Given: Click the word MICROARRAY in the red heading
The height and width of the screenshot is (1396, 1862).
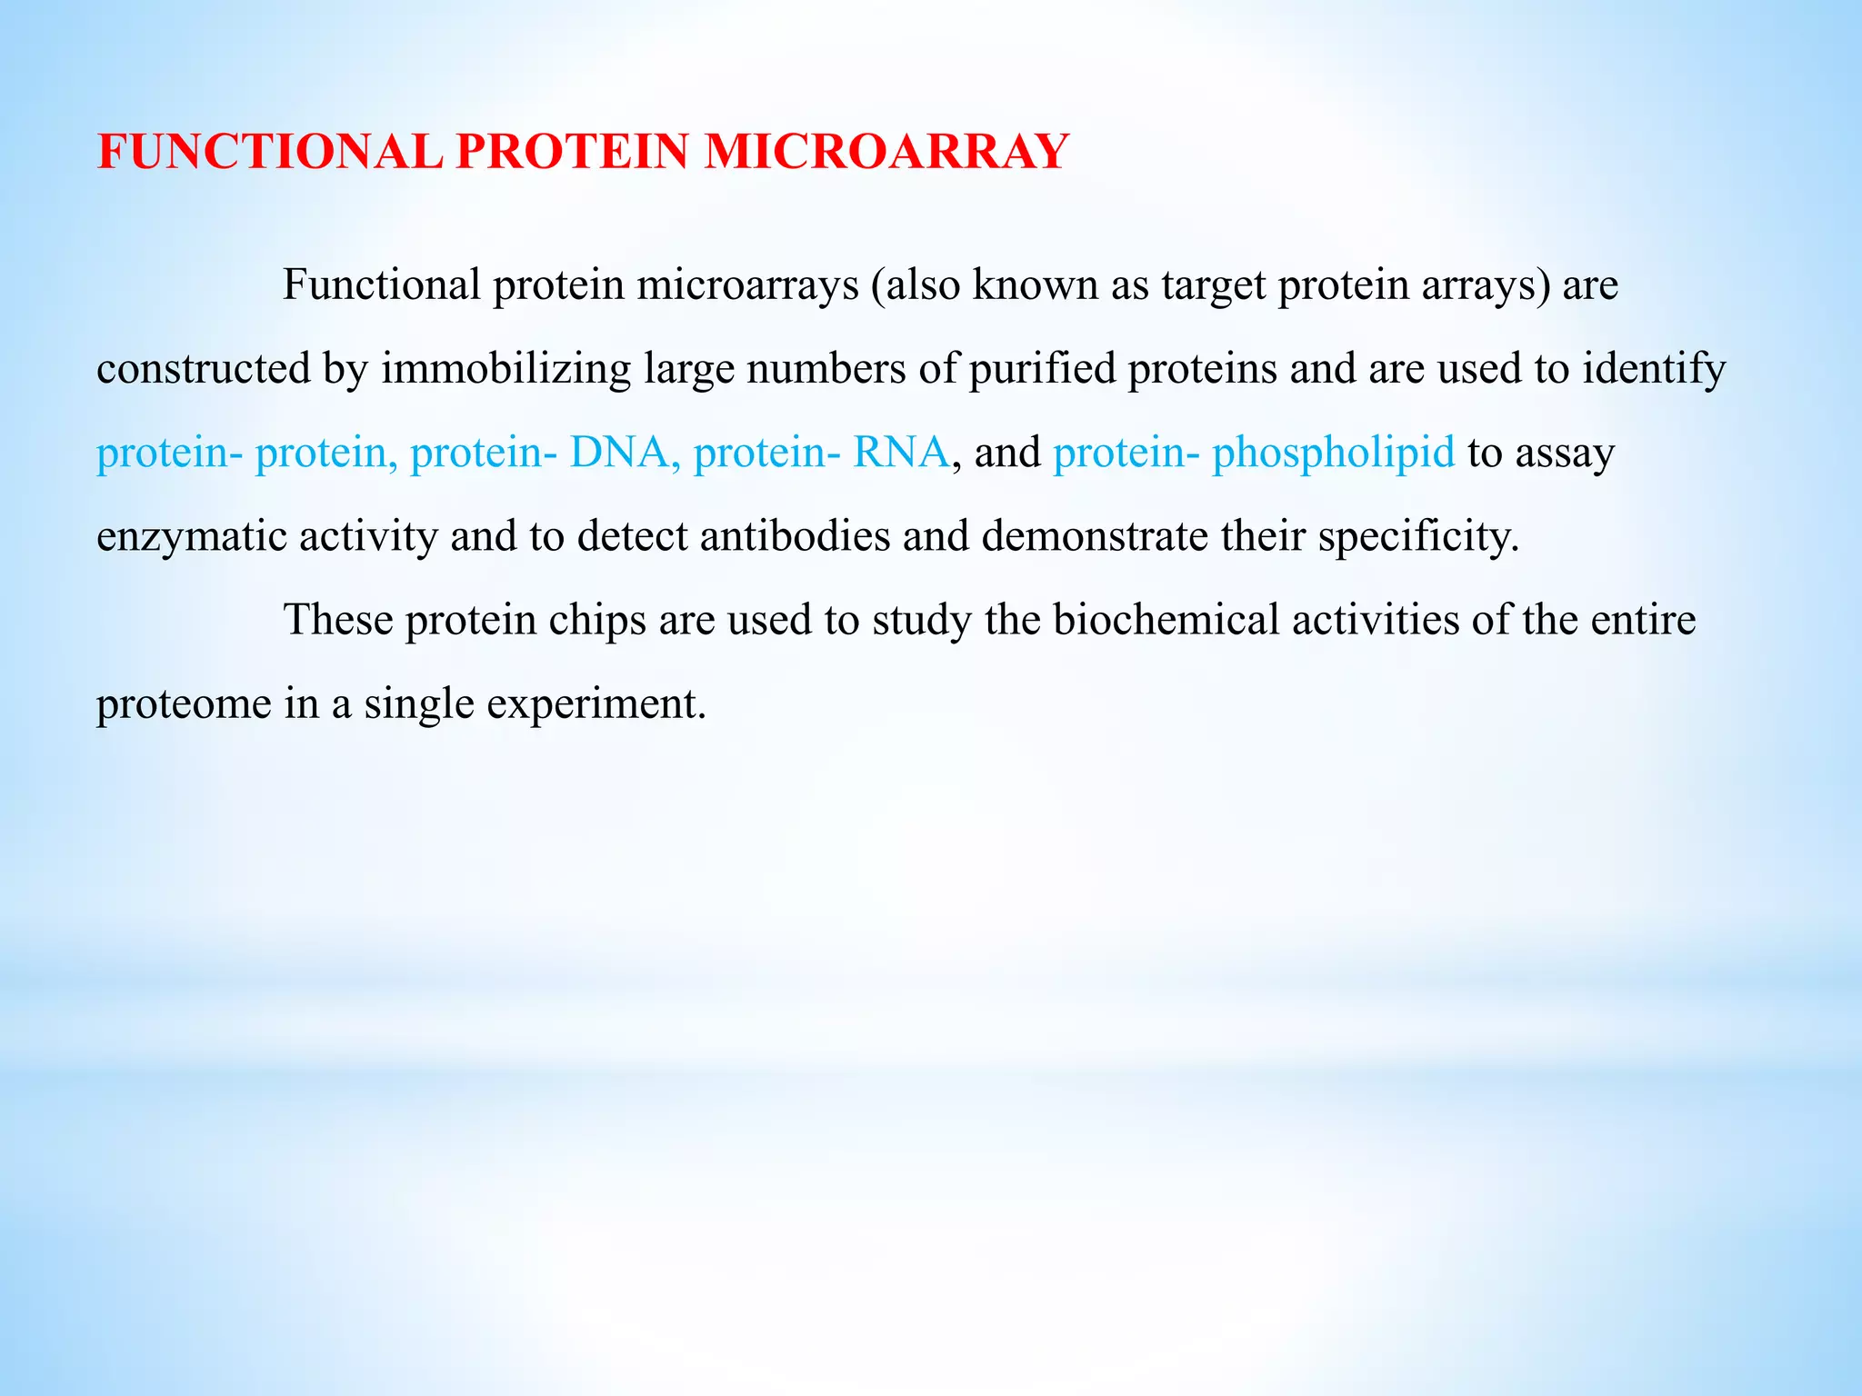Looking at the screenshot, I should pyautogui.click(x=886, y=152).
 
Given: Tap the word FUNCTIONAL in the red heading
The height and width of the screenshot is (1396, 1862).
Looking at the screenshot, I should pyautogui.click(x=270, y=152).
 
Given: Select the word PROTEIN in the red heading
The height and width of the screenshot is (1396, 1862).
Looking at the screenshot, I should pyautogui.click(x=573, y=152).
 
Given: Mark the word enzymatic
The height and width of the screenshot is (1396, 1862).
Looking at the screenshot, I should pyautogui.click(x=192, y=537).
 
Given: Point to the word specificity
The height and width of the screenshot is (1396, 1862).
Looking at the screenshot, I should pyautogui.click(x=1417, y=537).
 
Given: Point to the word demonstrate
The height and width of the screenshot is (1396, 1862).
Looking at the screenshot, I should pyautogui.click(x=1095, y=536).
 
